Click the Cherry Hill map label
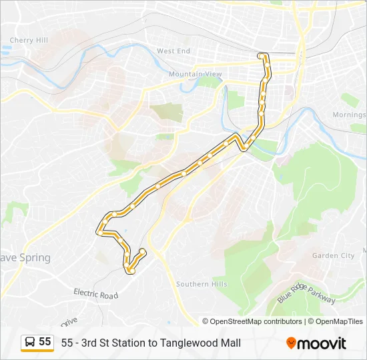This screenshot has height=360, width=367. click(x=29, y=41)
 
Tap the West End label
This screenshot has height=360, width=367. click(x=173, y=51)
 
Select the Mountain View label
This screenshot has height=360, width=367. click(x=196, y=74)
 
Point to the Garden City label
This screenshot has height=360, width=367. click(x=334, y=255)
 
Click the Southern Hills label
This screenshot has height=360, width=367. click(x=202, y=284)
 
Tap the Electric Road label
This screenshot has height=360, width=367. click(x=95, y=294)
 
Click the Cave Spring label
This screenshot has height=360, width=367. click(x=25, y=258)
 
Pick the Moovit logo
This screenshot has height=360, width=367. click(x=316, y=343)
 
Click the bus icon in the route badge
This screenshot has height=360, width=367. click(x=30, y=343)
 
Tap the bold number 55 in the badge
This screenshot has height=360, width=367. click(x=45, y=342)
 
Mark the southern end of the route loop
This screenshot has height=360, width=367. click(x=131, y=271)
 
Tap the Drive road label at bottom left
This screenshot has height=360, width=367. click(x=69, y=322)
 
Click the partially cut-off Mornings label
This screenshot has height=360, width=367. click(x=350, y=115)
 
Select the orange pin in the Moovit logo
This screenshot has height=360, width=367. click(x=291, y=343)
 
